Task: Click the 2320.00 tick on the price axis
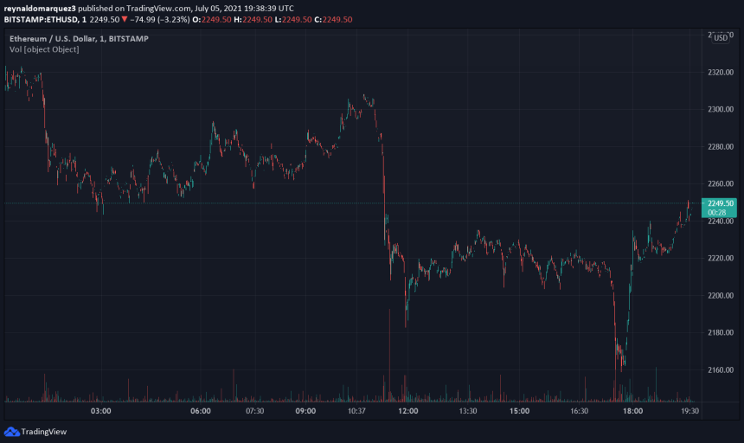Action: (x=719, y=73)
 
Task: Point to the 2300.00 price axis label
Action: (x=719, y=110)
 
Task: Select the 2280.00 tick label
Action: (x=719, y=147)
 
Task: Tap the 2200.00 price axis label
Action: (x=719, y=296)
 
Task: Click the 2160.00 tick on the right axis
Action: (x=719, y=370)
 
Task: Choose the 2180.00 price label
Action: (x=719, y=333)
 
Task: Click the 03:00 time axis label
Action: (x=101, y=411)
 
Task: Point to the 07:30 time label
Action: (x=254, y=411)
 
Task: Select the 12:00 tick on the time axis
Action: (x=408, y=411)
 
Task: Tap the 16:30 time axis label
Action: (x=579, y=411)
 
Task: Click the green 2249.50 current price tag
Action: (x=719, y=203)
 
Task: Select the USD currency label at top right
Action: (x=719, y=38)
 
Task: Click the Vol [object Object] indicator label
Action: (x=44, y=49)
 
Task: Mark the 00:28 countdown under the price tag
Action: (x=716, y=212)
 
